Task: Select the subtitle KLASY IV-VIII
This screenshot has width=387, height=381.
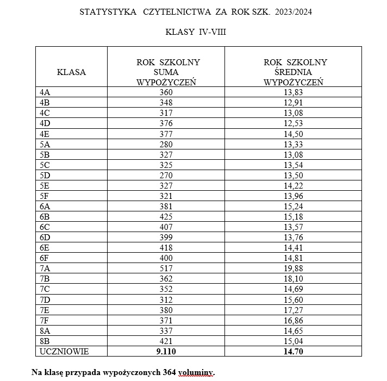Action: pos(196,32)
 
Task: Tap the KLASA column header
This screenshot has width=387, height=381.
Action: pos(71,72)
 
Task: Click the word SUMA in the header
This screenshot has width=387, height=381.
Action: pos(166,72)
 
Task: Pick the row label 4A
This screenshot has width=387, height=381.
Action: pos(45,93)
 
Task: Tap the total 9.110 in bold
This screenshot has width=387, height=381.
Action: pos(166,352)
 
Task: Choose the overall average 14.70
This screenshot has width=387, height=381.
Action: pos(294,352)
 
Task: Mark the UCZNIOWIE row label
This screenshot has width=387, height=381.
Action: pos(62,352)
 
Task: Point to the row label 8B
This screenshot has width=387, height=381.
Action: pos(45,342)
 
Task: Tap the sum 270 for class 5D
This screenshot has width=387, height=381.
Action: pos(166,175)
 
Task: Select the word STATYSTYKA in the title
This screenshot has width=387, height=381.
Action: pos(108,11)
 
